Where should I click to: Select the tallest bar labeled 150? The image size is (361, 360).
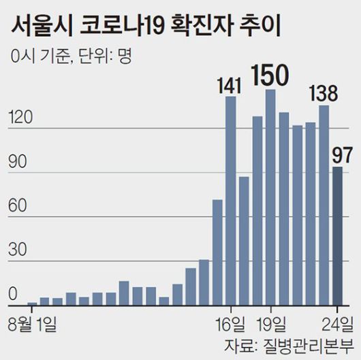tap(270, 197)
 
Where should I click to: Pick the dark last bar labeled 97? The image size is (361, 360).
tap(337, 235)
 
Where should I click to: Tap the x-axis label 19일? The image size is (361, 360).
tap(274, 320)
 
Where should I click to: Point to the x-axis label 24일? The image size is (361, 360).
tap(336, 320)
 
